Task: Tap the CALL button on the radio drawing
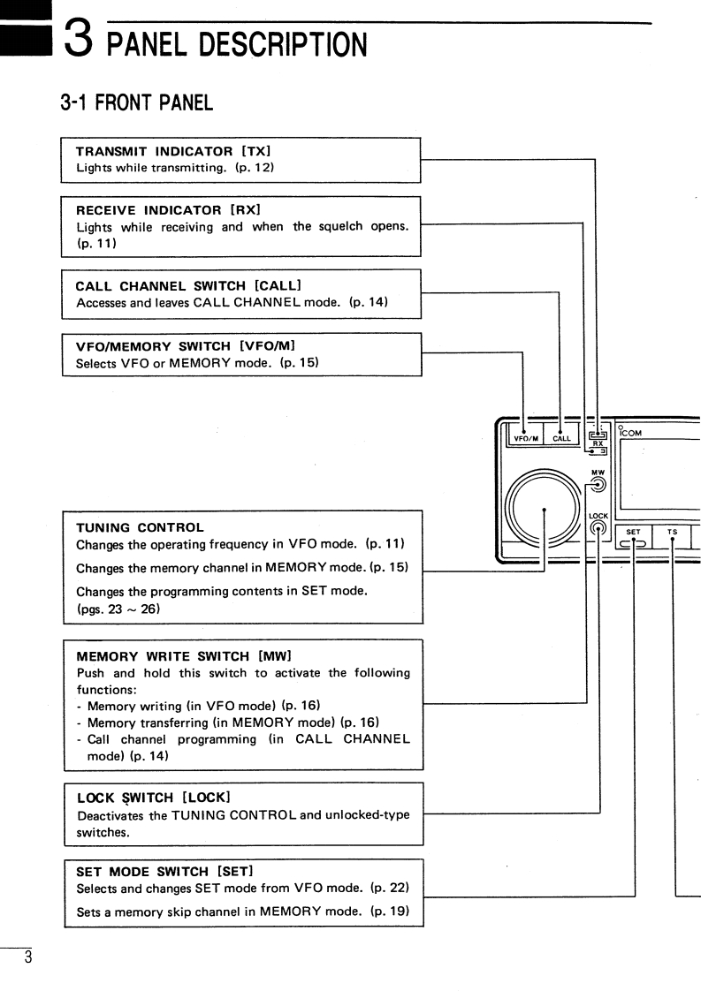coord(561,436)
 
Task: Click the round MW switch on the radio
coord(598,483)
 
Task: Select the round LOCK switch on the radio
coord(598,529)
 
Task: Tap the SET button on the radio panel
coord(633,540)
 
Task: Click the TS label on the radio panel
coord(672,533)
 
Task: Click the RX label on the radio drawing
coord(598,443)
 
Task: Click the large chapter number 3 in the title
coord(80,40)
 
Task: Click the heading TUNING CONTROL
coord(140,527)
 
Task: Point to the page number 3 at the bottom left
coord(28,957)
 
